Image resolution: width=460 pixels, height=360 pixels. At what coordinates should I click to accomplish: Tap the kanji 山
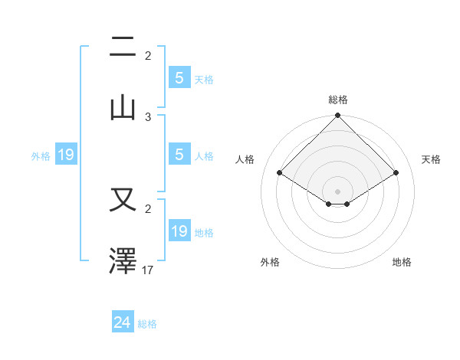click(123, 107)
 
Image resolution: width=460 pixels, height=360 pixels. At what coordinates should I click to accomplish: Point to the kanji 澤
click(123, 261)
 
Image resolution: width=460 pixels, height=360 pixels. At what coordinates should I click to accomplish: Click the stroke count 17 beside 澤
click(149, 270)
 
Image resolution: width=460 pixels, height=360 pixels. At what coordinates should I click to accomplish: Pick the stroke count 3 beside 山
click(148, 116)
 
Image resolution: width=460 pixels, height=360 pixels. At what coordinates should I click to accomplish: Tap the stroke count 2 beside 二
click(148, 56)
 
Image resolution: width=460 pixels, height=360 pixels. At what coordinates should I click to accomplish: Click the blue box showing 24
click(123, 322)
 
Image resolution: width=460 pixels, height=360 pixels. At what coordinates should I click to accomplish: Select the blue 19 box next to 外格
click(66, 155)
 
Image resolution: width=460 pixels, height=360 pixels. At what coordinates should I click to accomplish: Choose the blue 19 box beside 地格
click(179, 231)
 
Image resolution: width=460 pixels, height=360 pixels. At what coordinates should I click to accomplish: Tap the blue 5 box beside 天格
click(179, 77)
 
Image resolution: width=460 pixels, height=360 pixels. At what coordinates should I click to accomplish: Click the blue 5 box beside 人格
click(179, 155)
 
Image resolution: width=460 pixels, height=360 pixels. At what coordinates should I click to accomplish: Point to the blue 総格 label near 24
click(147, 324)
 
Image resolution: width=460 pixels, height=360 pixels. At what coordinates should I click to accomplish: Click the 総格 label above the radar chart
click(337, 100)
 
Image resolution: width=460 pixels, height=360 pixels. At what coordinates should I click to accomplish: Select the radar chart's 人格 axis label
click(245, 159)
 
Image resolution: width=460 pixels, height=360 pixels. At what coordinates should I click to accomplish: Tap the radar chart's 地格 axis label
click(402, 262)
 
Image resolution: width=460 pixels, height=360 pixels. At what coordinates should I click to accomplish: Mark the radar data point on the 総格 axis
click(337, 117)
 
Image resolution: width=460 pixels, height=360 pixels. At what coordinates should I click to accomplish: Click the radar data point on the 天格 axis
click(396, 173)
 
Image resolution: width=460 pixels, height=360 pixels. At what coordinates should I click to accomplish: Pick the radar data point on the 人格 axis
click(280, 172)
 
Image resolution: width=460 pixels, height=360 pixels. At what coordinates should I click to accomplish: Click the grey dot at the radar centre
click(337, 191)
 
